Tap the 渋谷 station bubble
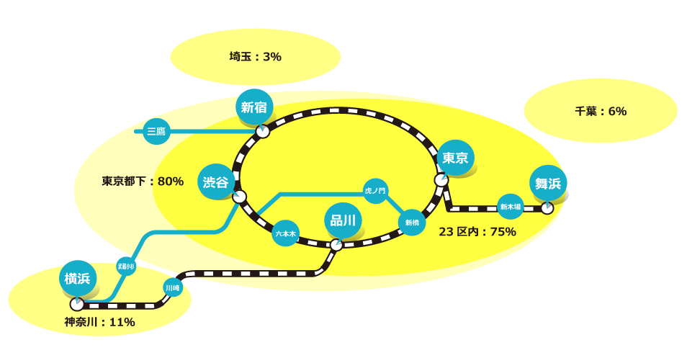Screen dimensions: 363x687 [x=215, y=182]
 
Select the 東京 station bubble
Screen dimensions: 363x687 [x=455, y=158]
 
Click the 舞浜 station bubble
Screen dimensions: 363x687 [x=548, y=184]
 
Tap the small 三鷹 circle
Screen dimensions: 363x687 [x=156, y=131]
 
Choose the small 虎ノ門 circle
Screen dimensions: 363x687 [x=375, y=191]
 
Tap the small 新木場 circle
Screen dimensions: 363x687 [x=511, y=207]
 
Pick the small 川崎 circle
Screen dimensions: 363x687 [x=173, y=288]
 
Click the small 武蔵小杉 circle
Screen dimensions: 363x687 [x=127, y=266]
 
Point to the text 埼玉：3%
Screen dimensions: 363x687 [x=255, y=56]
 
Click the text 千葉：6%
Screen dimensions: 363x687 [x=601, y=111]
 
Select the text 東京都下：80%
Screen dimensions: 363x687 [x=143, y=181]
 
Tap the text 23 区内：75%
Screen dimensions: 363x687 [x=477, y=231]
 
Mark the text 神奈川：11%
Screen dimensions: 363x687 [x=99, y=322]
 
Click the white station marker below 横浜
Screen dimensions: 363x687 [x=77, y=305]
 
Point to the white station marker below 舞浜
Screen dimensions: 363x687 [x=547, y=208]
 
